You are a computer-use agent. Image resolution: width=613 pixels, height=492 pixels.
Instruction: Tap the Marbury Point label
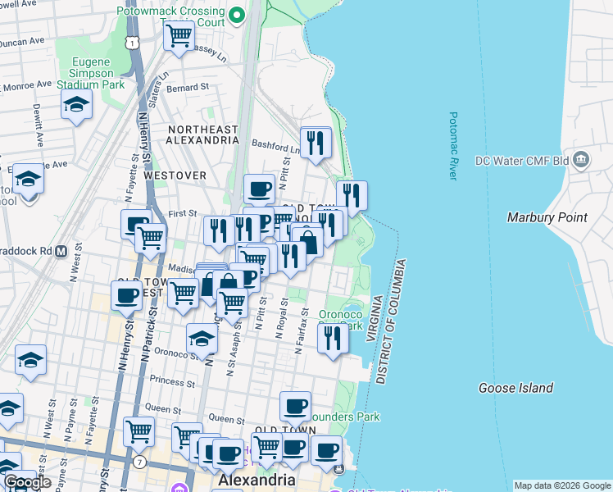[x=547, y=217]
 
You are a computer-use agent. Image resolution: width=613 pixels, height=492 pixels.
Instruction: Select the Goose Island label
[x=515, y=388]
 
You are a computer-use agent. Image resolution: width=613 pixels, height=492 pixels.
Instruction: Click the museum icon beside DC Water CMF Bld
[x=581, y=158]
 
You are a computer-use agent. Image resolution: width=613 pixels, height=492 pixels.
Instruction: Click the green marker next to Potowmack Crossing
[x=237, y=14]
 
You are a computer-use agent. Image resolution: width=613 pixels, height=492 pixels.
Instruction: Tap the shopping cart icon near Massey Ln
[x=179, y=35]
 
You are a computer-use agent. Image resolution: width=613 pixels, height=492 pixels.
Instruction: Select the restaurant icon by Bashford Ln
[x=315, y=143]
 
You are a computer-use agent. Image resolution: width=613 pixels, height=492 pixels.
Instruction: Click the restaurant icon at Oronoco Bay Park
[x=332, y=337]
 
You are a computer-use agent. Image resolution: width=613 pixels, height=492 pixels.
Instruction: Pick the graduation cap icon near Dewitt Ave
[x=76, y=104]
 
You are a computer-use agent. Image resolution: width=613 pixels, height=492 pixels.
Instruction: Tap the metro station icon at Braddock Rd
[x=61, y=252]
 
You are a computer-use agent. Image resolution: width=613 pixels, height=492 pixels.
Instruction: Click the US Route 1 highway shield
[x=134, y=40]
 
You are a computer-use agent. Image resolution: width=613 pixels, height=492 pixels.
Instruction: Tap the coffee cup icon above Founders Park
[x=295, y=405]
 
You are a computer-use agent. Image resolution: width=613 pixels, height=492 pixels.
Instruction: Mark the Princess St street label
[x=167, y=382]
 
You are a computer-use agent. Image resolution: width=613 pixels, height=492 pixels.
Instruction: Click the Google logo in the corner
[x=27, y=482]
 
